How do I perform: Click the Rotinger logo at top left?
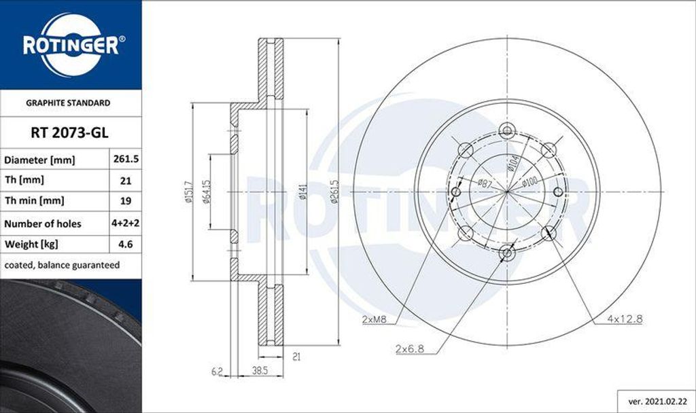click(x=71, y=45)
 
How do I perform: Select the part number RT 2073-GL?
click(x=71, y=133)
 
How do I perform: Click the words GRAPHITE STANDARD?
click(x=68, y=103)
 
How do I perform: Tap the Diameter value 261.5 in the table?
click(x=125, y=160)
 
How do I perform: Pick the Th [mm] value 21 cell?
click(x=125, y=181)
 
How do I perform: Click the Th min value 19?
click(x=125, y=202)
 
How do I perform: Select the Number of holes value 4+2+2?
click(x=125, y=223)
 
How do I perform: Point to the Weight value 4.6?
click(x=125, y=244)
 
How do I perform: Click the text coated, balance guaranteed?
click(x=62, y=265)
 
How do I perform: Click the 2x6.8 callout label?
click(x=410, y=348)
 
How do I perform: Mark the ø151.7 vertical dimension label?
click(x=184, y=192)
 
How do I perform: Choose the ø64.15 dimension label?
click(x=202, y=192)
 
